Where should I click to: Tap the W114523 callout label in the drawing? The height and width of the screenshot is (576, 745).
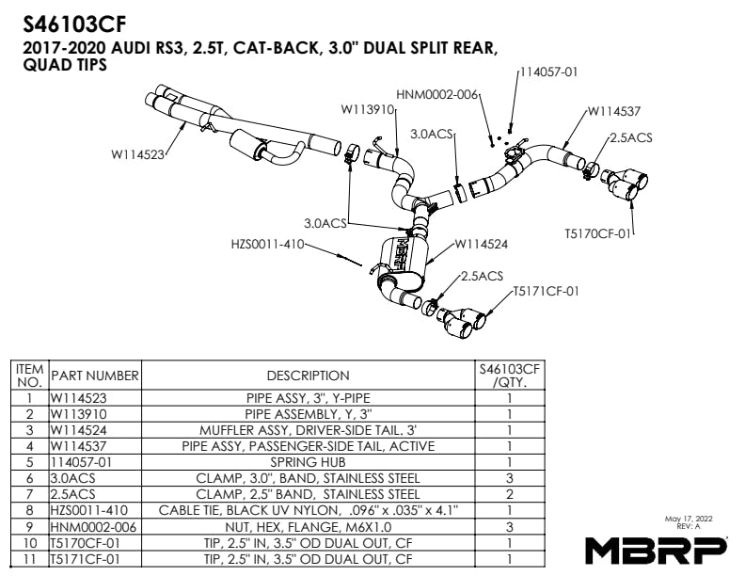[138, 154]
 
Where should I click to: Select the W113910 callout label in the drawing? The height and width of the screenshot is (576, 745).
[366, 109]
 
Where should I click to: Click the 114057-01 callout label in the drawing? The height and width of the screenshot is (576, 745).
[547, 71]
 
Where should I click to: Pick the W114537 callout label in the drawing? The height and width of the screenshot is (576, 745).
[616, 111]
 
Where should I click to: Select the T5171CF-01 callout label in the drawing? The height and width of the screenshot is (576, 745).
[546, 291]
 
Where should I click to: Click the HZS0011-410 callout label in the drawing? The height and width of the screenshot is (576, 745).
[267, 243]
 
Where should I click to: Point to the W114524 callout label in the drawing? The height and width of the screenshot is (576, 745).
[481, 243]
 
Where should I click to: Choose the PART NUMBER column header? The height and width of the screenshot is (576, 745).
[95, 376]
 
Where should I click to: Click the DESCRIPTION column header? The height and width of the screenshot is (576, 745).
[308, 376]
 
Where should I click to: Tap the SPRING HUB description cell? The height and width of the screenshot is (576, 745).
[308, 462]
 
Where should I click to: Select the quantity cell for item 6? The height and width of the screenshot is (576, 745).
[509, 478]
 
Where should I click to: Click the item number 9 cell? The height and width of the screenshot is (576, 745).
[29, 527]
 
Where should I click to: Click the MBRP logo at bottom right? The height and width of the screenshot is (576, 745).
[655, 548]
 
